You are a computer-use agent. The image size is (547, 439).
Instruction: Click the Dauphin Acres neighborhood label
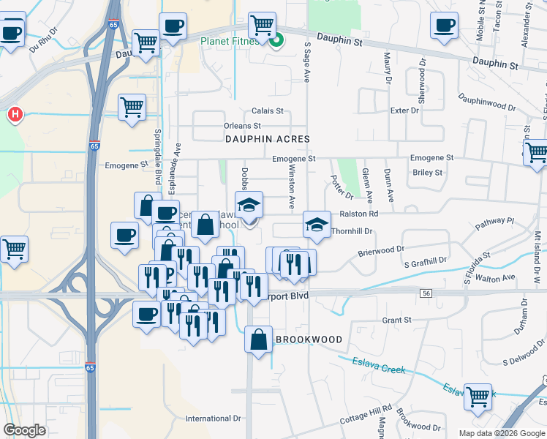coord(267,138)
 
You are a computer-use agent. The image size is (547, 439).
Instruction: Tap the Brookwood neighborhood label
coord(309,339)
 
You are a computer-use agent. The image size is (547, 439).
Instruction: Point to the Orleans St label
coord(242,126)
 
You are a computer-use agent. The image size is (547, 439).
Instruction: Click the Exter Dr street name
coord(404,110)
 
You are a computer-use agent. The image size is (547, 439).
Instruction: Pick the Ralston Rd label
coord(358,214)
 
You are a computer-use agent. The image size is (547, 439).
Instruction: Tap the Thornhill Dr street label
coord(352,230)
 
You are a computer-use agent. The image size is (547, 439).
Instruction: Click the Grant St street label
coord(397,320)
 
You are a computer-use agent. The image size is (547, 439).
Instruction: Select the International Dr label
coord(213,419)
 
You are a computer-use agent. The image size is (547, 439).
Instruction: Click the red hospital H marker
coord(13,114)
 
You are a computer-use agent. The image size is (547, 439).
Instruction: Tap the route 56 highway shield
coord(426,293)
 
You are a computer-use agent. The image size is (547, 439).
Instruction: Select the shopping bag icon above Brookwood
coord(259,339)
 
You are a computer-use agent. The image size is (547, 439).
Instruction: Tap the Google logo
coord(24,430)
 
